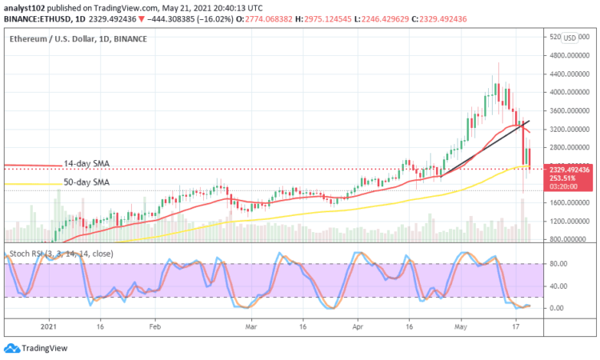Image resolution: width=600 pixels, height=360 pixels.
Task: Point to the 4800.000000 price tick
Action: click(566, 56)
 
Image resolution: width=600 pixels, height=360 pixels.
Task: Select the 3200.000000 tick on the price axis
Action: click(566, 129)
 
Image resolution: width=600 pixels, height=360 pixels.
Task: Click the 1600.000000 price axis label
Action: click(566, 202)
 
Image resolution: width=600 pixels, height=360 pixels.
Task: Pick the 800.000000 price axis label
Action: click(566, 239)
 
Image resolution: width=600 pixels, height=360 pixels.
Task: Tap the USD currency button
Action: click(570, 37)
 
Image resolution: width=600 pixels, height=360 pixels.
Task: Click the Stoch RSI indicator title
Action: click(62, 254)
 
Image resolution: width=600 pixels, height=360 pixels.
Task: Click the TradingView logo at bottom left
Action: click(36, 348)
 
